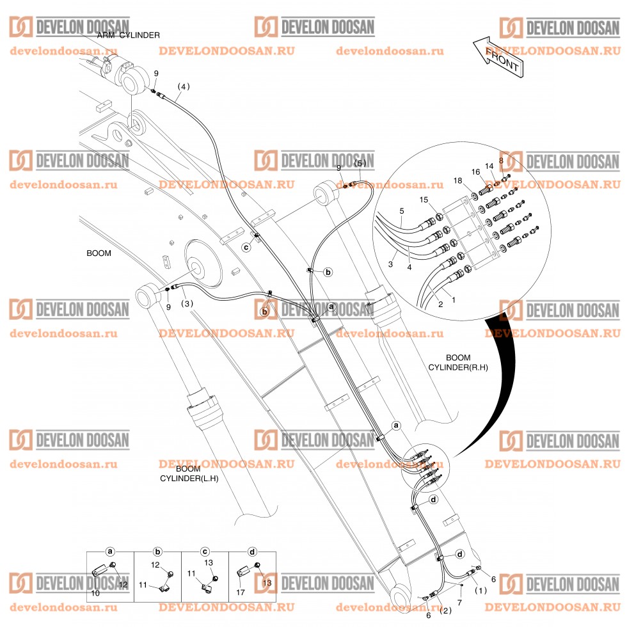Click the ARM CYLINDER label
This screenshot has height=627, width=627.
click(x=129, y=35)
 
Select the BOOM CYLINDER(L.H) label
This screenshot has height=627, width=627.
click(x=189, y=473)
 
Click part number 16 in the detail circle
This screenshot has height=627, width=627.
click(x=475, y=171)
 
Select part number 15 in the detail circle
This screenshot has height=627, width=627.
click(x=424, y=201)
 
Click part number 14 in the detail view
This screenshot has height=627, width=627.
click(x=489, y=165)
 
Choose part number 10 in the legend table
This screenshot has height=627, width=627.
click(x=95, y=594)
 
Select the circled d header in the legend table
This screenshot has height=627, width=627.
click(x=252, y=551)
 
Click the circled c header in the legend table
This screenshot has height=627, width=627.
click(x=205, y=551)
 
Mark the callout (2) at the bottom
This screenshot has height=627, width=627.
click(x=446, y=610)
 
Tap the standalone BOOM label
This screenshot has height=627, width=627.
click(x=99, y=253)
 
